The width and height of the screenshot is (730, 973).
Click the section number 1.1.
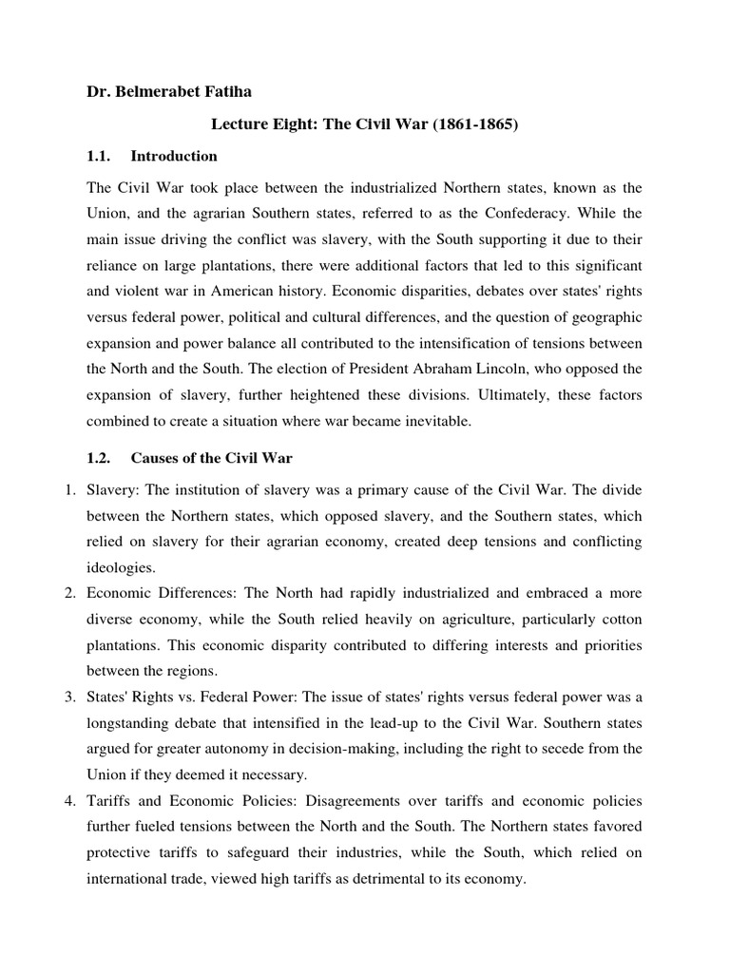pos(98,156)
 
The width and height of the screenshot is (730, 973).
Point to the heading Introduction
pos(174,156)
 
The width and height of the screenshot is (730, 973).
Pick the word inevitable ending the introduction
pos(437,422)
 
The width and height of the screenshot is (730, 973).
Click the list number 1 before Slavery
pos(69,490)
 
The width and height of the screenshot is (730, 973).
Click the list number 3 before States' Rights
pos(69,697)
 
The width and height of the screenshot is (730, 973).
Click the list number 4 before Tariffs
pos(69,800)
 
